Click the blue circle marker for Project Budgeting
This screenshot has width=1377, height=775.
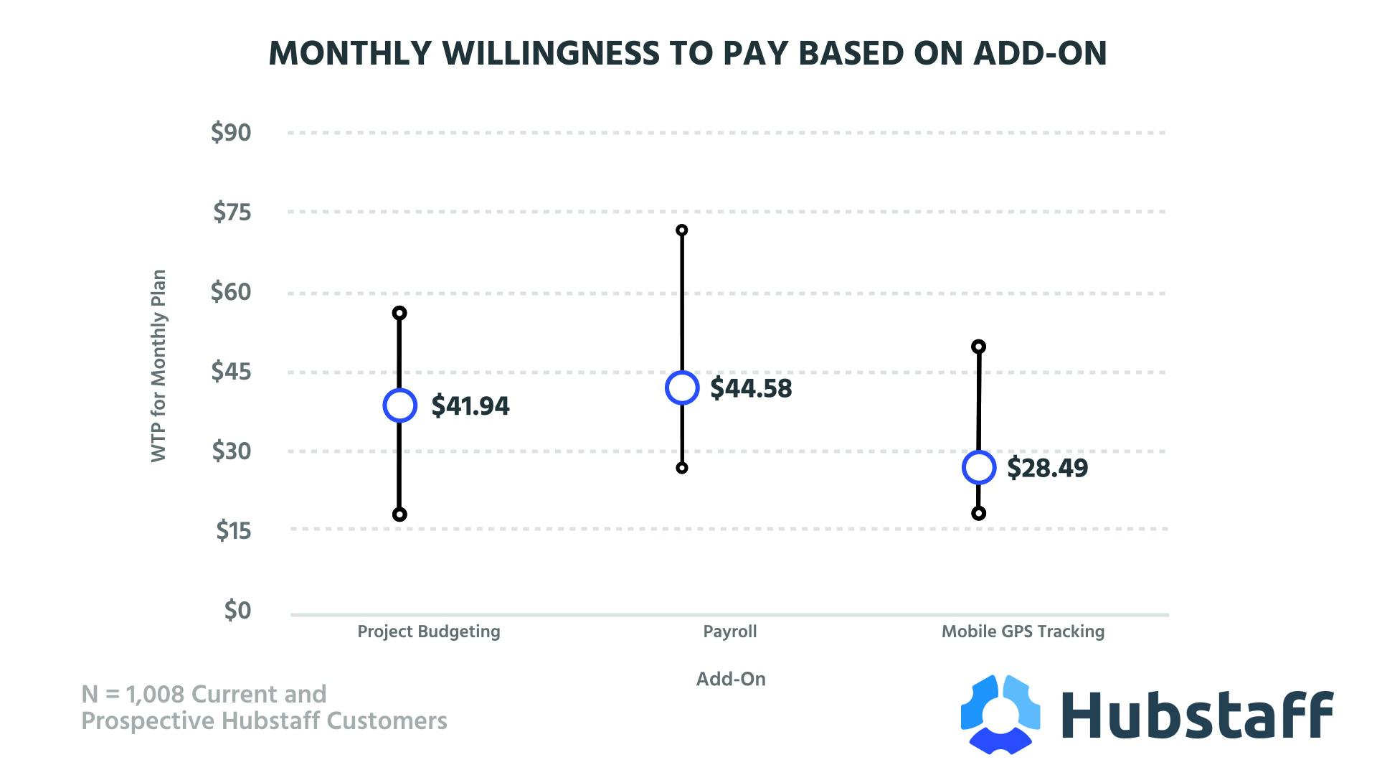click(399, 405)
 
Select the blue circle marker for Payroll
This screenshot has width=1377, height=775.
click(682, 388)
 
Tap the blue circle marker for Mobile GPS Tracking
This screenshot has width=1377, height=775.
click(979, 468)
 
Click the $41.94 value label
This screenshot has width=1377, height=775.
click(470, 406)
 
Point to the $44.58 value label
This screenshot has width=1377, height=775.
click(751, 388)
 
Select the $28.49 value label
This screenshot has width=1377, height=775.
click(1047, 468)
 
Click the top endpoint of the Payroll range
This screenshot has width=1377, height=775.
click(682, 230)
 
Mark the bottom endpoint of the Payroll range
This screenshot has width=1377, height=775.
click(682, 468)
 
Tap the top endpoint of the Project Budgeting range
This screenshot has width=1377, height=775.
click(399, 313)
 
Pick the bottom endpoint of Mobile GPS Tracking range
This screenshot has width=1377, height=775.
click(978, 513)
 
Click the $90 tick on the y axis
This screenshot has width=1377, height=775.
click(231, 133)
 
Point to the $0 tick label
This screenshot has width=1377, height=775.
click(237, 610)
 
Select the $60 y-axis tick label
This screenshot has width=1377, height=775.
click(231, 292)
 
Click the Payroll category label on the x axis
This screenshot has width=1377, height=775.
click(729, 631)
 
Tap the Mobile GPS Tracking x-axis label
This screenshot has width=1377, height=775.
click(1023, 631)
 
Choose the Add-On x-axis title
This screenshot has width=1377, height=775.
click(731, 679)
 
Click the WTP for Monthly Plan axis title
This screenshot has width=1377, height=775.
click(158, 366)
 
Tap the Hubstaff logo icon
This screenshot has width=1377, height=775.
click(1000, 714)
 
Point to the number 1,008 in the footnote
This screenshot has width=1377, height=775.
click(155, 695)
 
